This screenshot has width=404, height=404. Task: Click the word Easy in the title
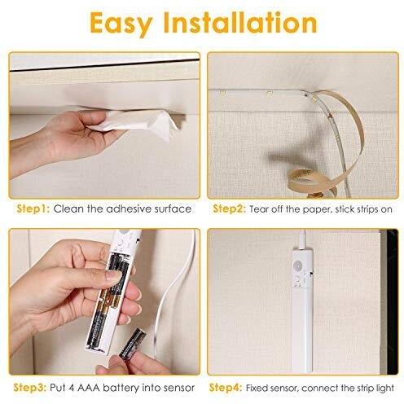121,23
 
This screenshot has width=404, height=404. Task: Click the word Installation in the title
240,22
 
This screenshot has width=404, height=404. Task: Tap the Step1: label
33,209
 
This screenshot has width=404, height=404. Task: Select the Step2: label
229,209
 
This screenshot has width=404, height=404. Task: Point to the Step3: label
30,388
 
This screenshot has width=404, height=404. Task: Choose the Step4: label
226,388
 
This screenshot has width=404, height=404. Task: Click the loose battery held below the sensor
133,344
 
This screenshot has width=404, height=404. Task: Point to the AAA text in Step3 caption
89,388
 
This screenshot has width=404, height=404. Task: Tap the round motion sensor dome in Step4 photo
298,265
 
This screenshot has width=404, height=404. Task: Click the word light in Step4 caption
384,389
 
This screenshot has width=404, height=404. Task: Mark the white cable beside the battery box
173,293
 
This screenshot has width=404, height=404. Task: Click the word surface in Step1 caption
173,209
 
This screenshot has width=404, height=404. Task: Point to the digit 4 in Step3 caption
72,388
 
